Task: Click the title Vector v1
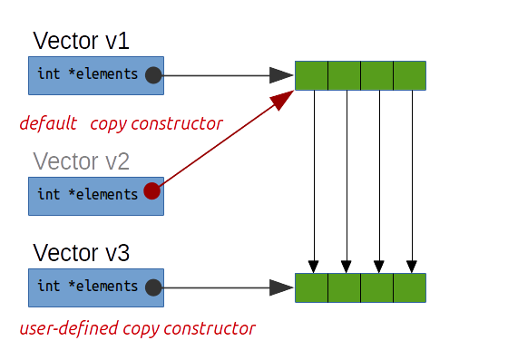[x=81, y=41]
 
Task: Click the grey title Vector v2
[x=81, y=161]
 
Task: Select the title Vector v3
[x=81, y=251]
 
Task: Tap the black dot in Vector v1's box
[x=153, y=75]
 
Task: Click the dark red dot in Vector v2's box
[x=152, y=191]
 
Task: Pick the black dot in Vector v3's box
[x=153, y=287]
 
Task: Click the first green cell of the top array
[x=311, y=75]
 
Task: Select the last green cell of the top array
[x=409, y=75]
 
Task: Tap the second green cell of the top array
[x=344, y=75]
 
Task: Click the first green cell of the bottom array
[x=311, y=287]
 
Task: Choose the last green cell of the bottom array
[x=409, y=287]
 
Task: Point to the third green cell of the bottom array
[x=376, y=287]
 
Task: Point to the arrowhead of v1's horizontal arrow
[x=280, y=75]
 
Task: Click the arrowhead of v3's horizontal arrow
[x=280, y=287]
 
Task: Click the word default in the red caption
[x=48, y=123]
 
